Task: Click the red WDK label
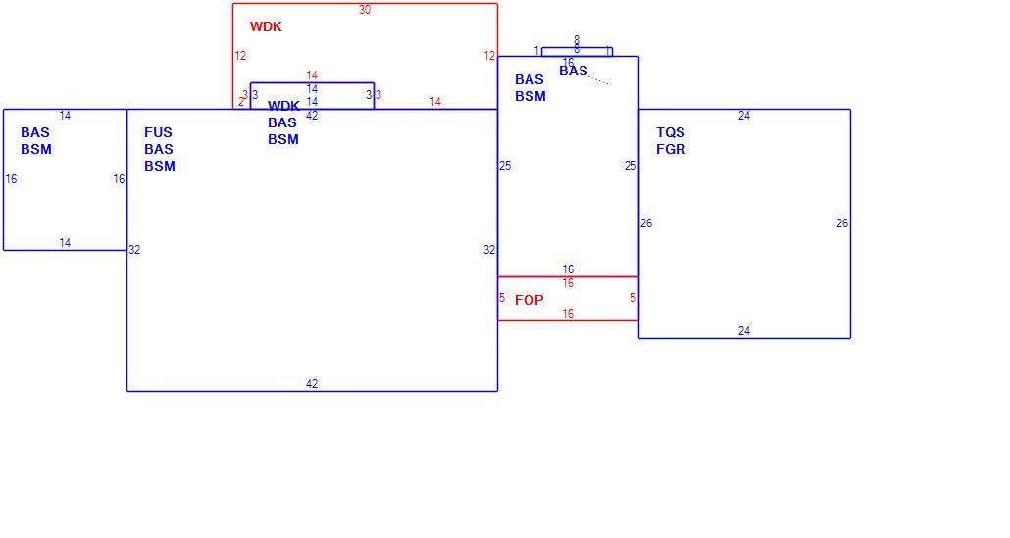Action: [266, 26]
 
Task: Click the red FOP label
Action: [529, 300]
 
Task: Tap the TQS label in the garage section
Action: [671, 132]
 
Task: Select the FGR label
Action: [671, 149]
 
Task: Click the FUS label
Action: [159, 132]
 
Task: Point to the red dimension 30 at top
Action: [365, 10]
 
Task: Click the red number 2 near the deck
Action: [241, 102]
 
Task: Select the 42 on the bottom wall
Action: [312, 384]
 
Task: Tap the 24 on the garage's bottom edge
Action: [744, 331]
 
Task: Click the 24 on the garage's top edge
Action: [744, 116]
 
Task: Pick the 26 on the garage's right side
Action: [842, 223]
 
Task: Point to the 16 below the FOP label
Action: [568, 314]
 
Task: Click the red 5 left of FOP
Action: [502, 297]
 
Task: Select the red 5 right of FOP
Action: [633, 297]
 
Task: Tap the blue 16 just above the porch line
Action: [568, 269]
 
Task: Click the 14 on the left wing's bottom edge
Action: [65, 243]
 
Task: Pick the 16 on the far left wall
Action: [11, 179]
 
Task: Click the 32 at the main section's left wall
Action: [134, 250]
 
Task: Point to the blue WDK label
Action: [283, 106]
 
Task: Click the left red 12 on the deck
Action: [240, 56]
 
